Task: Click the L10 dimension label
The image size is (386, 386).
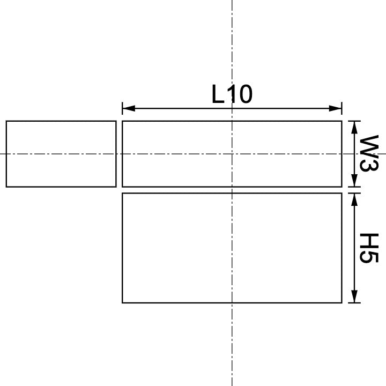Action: [x=232, y=95]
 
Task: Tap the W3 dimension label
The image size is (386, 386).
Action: [x=368, y=153]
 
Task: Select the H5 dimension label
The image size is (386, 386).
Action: [x=368, y=248]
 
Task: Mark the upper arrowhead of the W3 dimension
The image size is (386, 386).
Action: [x=354, y=127]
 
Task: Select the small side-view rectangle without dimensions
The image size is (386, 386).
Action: [x=61, y=154]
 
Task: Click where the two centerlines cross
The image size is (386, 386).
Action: [x=232, y=154]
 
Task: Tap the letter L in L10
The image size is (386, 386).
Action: [x=218, y=95]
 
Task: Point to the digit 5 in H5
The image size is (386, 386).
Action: [x=368, y=257]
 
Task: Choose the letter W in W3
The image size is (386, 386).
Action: [x=368, y=145]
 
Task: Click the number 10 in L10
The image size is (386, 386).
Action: [x=239, y=95]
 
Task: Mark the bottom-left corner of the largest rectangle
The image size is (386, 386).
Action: [x=123, y=303]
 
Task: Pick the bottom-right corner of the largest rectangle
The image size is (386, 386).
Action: [x=342, y=303]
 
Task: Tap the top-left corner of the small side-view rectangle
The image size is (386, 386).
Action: [x=6, y=121]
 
